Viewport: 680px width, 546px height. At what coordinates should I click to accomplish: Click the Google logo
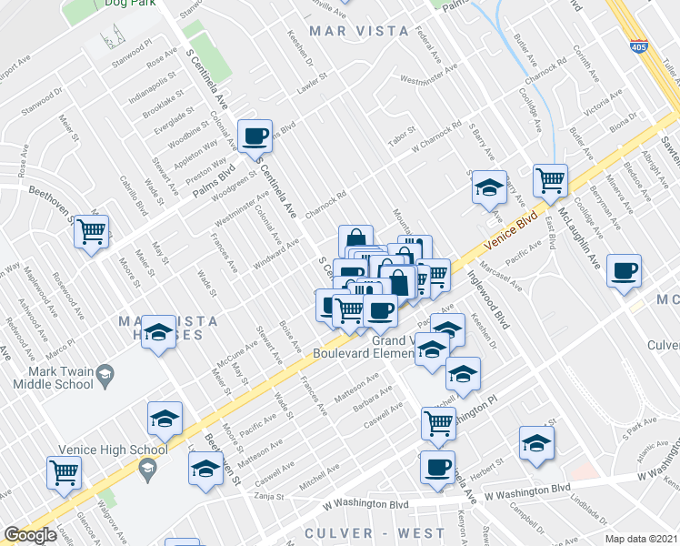click(31, 535)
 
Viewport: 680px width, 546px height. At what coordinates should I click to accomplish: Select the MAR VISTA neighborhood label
click(359, 31)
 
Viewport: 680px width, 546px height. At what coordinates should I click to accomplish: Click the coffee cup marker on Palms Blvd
click(255, 136)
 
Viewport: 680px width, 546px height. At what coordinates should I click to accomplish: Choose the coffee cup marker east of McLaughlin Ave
click(625, 272)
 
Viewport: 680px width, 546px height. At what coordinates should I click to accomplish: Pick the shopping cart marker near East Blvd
click(550, 181)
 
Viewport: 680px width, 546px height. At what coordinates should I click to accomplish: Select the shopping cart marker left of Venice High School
click(65, 472)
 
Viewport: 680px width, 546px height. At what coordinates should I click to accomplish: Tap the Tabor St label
click(401, 136)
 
